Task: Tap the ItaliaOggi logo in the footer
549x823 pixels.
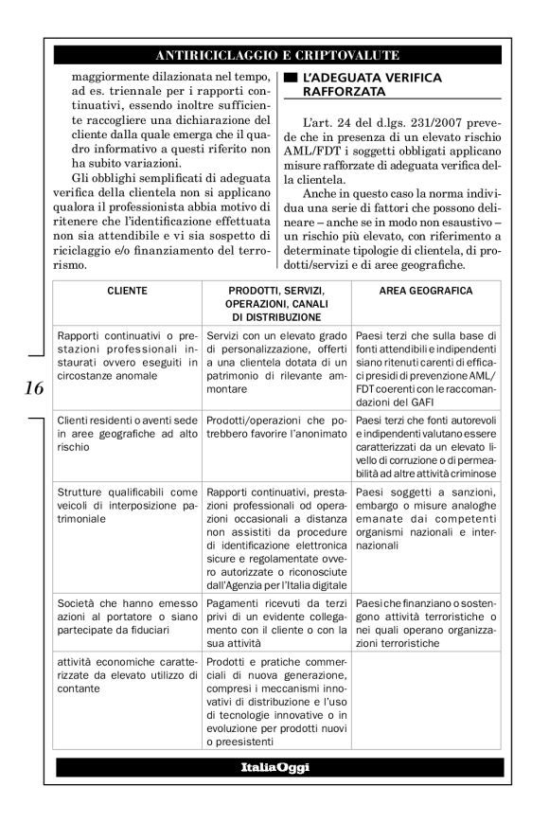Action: (274, 766)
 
